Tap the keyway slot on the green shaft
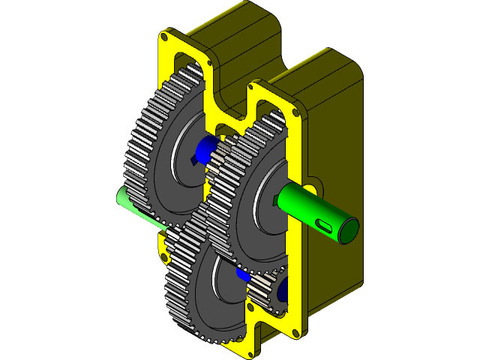point(324,222)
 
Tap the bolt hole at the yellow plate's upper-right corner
point(297,112)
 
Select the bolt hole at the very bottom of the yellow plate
point(250,347)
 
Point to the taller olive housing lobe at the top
point(240,37)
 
